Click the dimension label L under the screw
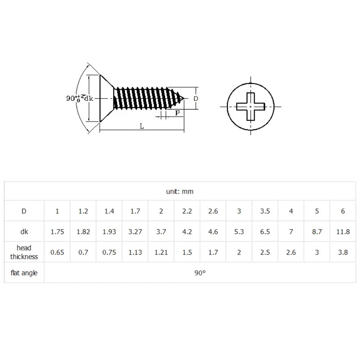[142, 127]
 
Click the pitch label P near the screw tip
[177, 113]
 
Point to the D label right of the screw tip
[196, 99]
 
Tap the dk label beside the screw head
[88, 99]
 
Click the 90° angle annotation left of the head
[72, 98]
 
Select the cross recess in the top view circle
[250, 106]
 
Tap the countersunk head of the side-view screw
[106, 98]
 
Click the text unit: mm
[180, 191]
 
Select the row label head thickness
[24, 252]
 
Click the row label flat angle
[24, 273]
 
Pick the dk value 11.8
[343, 232]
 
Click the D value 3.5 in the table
[265, 211]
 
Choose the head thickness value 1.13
[135, 252]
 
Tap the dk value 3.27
[135, 232]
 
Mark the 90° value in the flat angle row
[200, 273]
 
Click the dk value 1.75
[57, 232]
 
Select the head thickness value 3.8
[343, 252]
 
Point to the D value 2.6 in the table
[213, 211]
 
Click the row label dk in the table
[24, 232]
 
